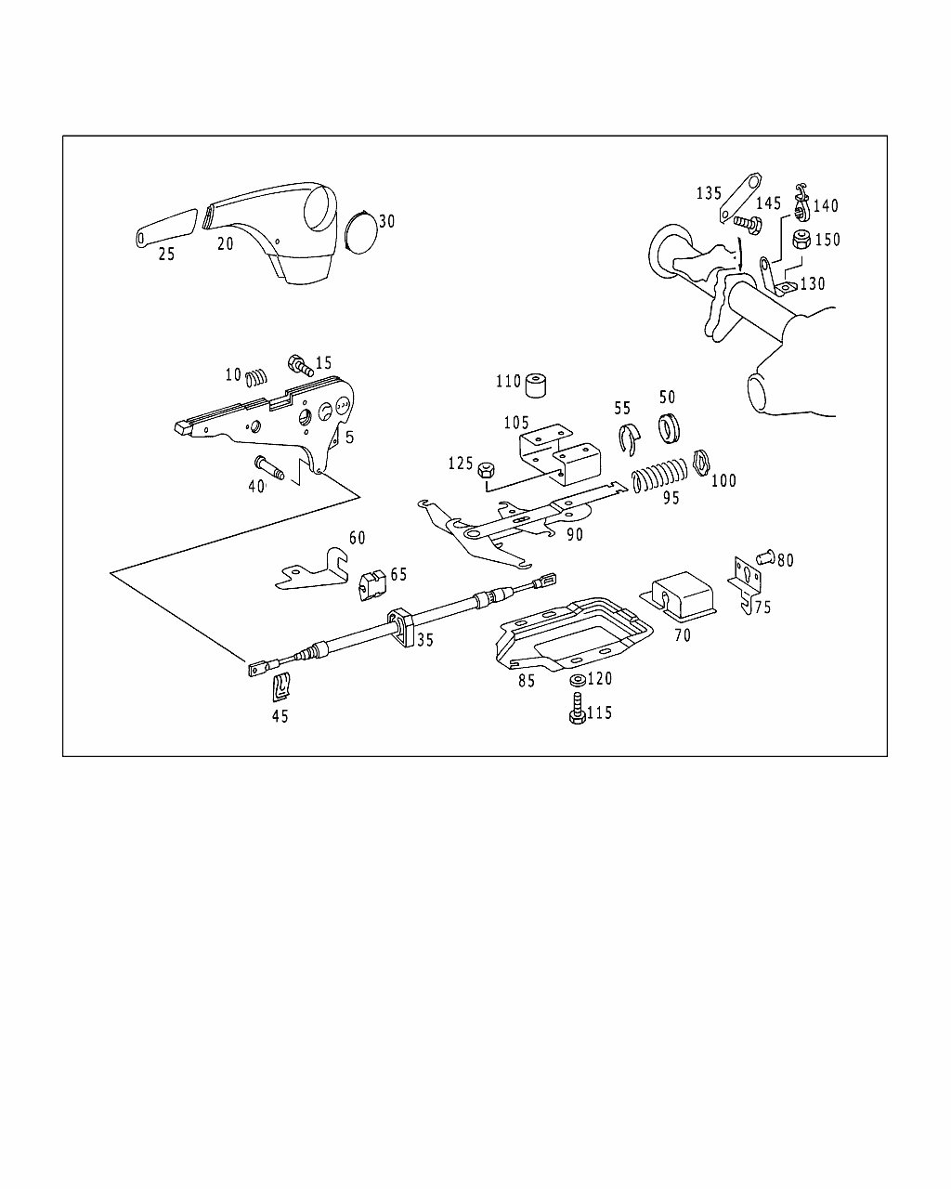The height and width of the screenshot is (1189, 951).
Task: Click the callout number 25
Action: click(x=166, y=253)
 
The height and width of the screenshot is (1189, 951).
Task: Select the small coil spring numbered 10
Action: click(x=257, y=376)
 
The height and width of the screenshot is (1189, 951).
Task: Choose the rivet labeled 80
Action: click(x=766, y=557)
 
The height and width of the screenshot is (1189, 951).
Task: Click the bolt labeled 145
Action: click(x=746, y=223)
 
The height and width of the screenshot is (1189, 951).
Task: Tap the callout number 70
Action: click(x=682, y=636)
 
